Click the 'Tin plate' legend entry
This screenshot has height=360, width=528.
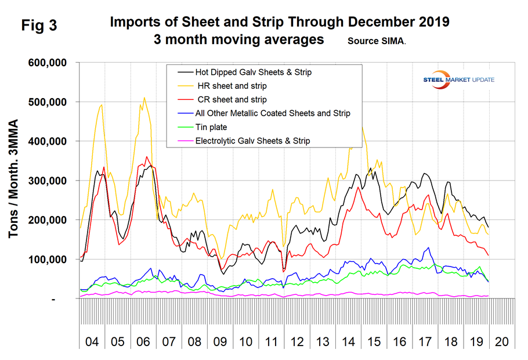212,126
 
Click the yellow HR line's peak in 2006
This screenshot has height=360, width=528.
144,98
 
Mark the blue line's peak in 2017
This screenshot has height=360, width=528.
429,247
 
